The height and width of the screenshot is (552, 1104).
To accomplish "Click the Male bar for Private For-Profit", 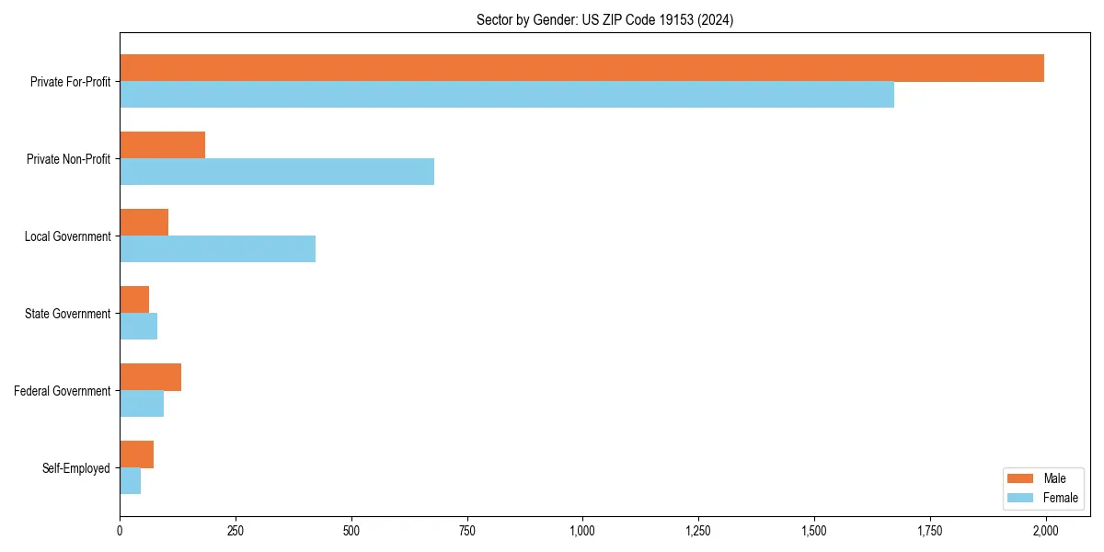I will pos(581,68).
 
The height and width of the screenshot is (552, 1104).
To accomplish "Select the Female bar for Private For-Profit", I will pos(507,95).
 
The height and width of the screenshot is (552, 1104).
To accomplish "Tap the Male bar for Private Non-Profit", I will pos(162,145).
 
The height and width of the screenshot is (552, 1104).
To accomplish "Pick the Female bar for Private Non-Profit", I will pos(277,172).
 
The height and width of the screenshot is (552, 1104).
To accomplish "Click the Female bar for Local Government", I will pos(217,249).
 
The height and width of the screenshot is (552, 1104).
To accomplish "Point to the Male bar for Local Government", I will pos(144,223).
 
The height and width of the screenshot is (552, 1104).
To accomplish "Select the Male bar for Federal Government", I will pos(150,377).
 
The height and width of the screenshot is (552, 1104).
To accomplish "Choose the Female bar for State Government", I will pos(138,327).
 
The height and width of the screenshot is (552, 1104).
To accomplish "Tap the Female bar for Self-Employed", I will pos(130,481).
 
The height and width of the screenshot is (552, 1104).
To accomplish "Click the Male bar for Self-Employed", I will pos(136,454).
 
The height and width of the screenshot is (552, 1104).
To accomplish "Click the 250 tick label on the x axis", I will pos(236,531).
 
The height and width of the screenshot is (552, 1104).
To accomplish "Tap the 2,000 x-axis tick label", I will pos(1045,531).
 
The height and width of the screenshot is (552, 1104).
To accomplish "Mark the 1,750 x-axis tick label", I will pos(929,531).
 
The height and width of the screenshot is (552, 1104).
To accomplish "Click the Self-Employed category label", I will pos(76,468).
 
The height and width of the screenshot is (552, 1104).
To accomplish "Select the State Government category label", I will pos(67,314).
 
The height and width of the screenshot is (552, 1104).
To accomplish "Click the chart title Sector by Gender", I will pos(604,20).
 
